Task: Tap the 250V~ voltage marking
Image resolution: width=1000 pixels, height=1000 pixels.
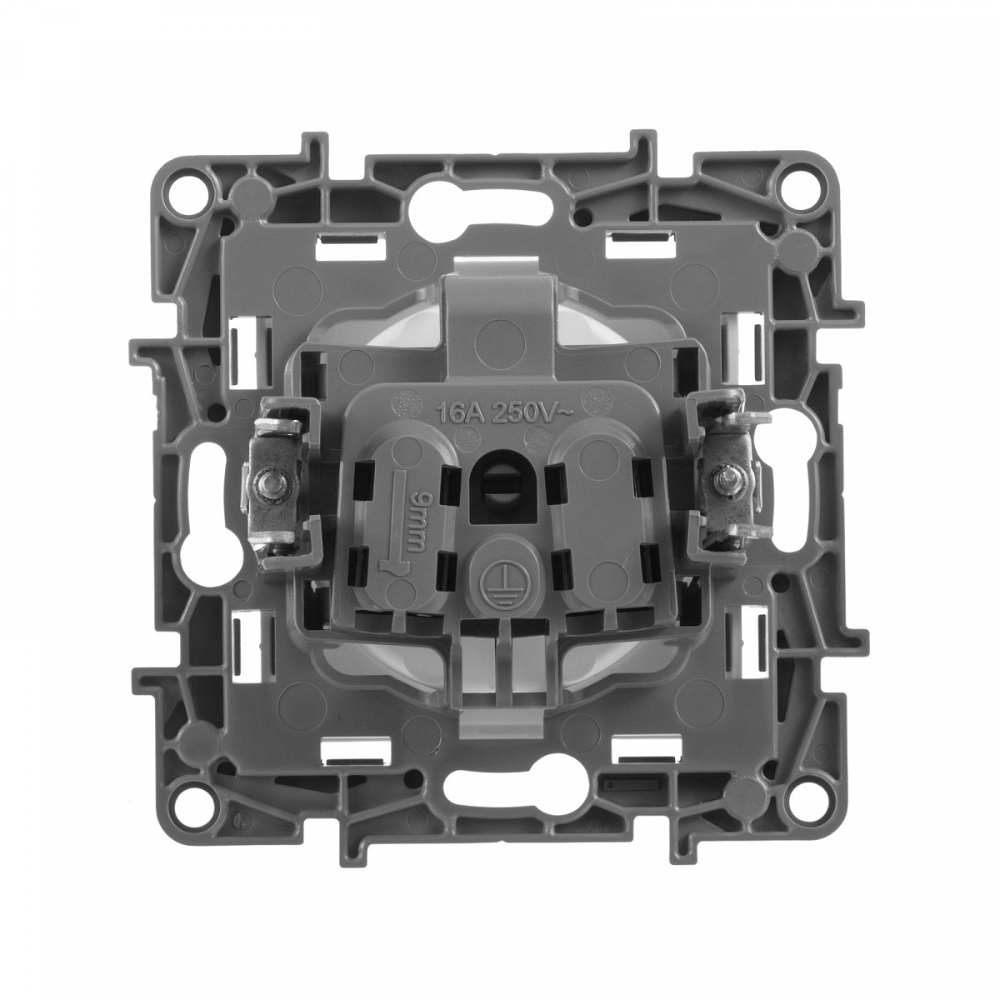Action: [532, 413]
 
